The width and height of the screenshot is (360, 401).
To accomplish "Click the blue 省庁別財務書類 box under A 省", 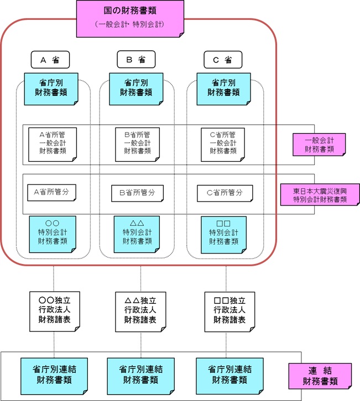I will (x=51, y=88).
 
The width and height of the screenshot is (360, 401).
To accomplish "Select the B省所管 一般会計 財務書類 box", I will (x=138, y=143).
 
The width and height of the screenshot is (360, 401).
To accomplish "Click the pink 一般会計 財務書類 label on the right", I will (x=319, y=144).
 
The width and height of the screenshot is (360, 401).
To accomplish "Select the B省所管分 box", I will (x=137, y=193).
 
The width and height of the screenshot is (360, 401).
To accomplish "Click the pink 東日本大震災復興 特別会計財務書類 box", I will (x=320, y=194).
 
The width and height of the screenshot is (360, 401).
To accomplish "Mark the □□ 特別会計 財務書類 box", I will (x=223, y=233).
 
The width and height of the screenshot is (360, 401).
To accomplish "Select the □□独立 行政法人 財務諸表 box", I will (x=228, y=310).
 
